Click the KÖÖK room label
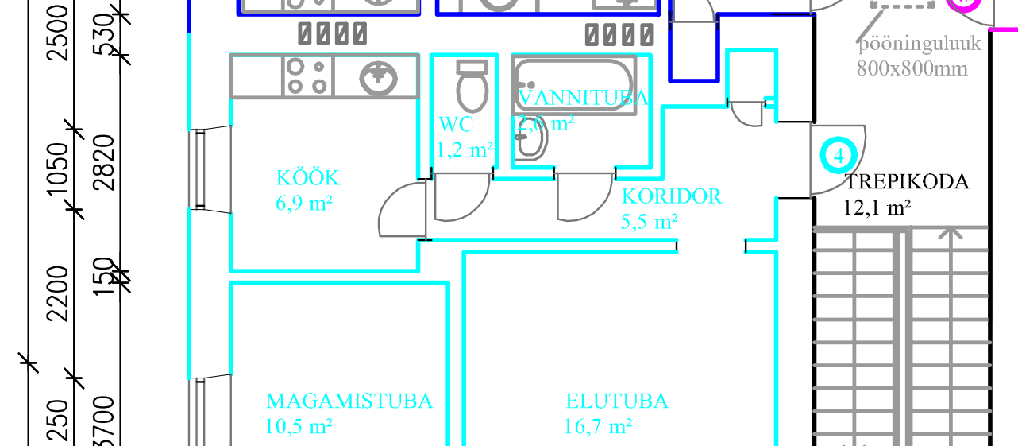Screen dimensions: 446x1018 point(308,177)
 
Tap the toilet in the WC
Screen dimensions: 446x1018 point(472,87)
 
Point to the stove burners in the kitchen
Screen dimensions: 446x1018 point(307,76)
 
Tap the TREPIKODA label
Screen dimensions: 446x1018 point(906,182)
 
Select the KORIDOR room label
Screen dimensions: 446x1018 point(672,196)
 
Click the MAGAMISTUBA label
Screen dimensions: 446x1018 point(349,401)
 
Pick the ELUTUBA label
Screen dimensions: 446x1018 point(617,401)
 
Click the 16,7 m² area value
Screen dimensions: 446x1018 point(598,427)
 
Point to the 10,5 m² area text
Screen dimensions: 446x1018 point(299,427)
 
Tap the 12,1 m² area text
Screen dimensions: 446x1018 point(876,208)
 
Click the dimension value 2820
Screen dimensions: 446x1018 point(105,163)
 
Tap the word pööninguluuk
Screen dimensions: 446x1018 point(920,43)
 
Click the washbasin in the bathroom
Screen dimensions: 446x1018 point(530,142)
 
